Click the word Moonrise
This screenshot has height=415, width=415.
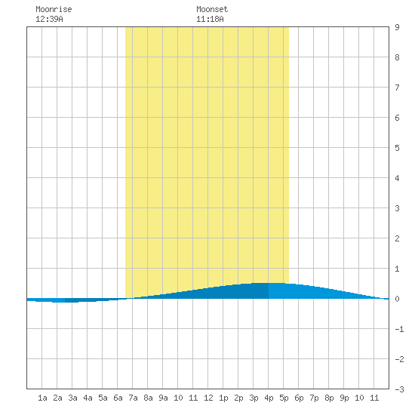point(54,9)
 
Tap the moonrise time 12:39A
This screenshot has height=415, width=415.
point(49,19)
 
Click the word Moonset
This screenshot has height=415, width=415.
point(212,9)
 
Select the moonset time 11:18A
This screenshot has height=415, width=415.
point(210,19)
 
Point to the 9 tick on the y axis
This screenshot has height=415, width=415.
point(397,27)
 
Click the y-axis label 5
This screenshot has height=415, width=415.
point(397,148)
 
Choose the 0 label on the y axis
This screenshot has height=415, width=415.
point(397,299)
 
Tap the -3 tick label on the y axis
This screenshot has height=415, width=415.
point(399,389)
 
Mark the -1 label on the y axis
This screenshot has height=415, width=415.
point(399,329)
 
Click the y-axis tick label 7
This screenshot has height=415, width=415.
point(397,88)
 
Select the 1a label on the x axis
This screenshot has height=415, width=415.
point(42,398)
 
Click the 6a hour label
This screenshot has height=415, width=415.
point(118,398)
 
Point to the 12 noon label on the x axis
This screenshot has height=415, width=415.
point(208,398)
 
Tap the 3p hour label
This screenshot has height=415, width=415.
point(254,398)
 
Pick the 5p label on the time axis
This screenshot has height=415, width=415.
point(284,398)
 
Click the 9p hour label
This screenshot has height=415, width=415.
point(344,398)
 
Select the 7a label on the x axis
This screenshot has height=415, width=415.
point(133,398)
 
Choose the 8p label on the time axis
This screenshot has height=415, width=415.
point(329,398)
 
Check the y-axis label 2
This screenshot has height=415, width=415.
point(397,238)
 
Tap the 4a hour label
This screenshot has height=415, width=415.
point(88,398)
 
